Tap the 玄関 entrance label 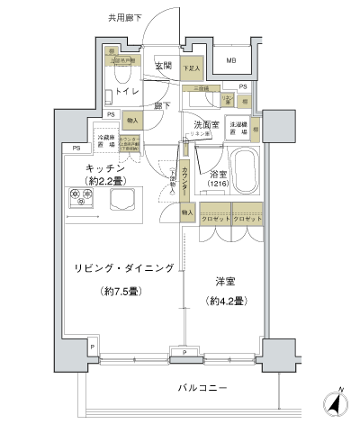(163, 65)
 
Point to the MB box (231, 61)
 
